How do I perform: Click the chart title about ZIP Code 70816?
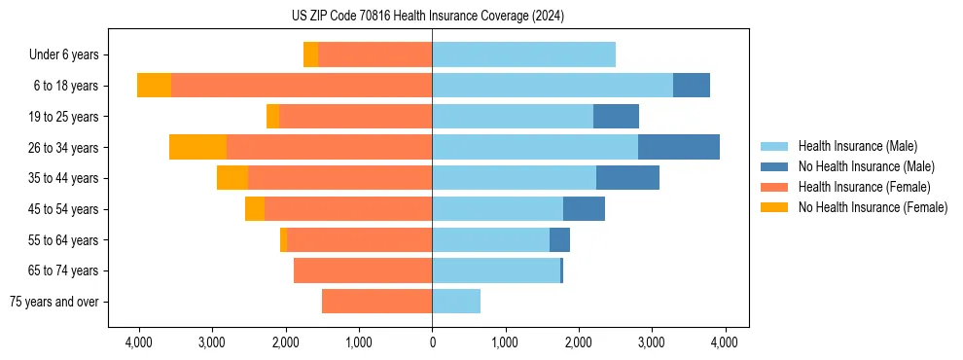click(428, 16)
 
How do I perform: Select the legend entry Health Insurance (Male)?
click(857, 146)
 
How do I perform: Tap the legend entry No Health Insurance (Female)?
click(873, 207)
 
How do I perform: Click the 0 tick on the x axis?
click(432, 342)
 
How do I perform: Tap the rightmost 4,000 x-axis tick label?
click(724, 342)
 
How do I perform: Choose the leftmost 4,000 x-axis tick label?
click(139, 342)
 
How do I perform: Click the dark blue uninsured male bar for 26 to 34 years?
click(679, 147)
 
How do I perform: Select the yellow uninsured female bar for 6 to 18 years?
click(154, 86)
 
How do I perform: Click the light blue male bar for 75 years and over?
click(456, 302)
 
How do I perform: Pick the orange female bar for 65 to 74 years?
click(363, 270)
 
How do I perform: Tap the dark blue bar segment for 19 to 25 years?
click(616, 117)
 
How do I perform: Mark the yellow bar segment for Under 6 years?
click(310, 54)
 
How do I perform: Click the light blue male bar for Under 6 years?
click(523, 54)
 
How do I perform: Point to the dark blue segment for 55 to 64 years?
click(559, 239)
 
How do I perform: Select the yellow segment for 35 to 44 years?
click(232, 178)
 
